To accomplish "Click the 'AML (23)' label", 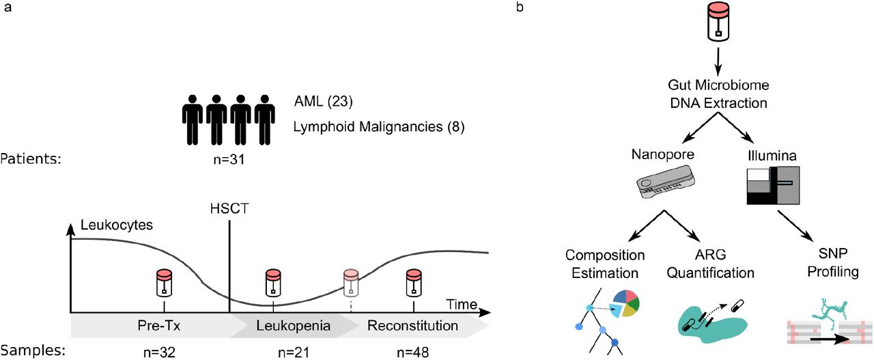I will point(323,102).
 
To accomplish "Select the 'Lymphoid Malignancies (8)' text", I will point(379,127).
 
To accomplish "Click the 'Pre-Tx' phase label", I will point(163,326).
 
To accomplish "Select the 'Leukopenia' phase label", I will point(292,326).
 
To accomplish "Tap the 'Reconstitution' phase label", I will point(412,326).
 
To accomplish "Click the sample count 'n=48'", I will point(412,351).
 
